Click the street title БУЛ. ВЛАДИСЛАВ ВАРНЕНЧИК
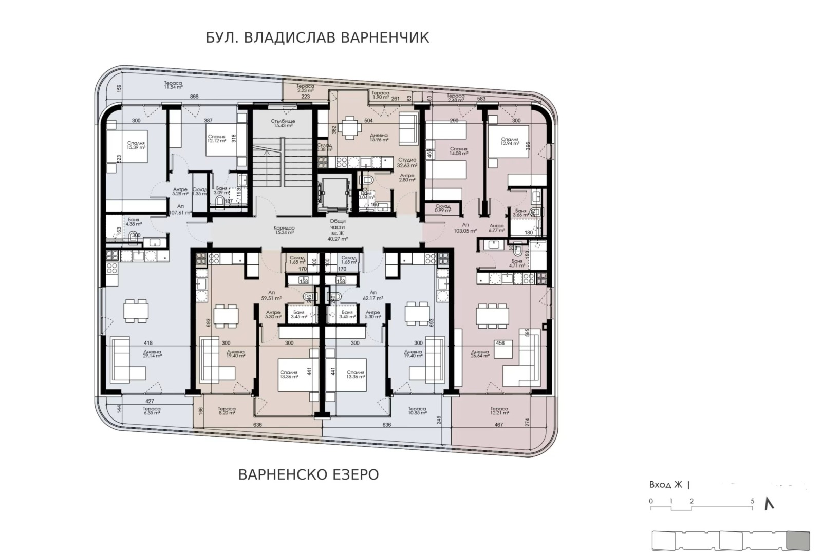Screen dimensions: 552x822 317,38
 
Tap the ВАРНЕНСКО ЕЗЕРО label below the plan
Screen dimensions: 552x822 308,474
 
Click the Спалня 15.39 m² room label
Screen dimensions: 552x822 137,145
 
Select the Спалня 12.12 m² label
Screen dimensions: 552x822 217,139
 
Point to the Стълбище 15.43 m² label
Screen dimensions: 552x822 282,123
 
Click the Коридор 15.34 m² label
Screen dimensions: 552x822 284,230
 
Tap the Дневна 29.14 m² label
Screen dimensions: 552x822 152,354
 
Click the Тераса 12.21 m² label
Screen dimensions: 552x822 499,411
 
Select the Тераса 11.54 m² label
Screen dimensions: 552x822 173,85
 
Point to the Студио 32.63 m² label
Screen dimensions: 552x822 407,164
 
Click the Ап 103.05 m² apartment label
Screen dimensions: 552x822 465,227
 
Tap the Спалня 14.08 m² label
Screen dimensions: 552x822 458,151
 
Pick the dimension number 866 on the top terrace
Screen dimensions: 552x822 194,97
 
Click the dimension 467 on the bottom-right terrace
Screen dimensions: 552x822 498,425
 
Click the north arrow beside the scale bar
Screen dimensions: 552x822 769,504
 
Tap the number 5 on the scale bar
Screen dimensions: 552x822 752,501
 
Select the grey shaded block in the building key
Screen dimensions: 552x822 798,541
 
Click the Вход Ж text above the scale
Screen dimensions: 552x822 665,485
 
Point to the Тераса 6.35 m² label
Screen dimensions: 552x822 152,411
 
